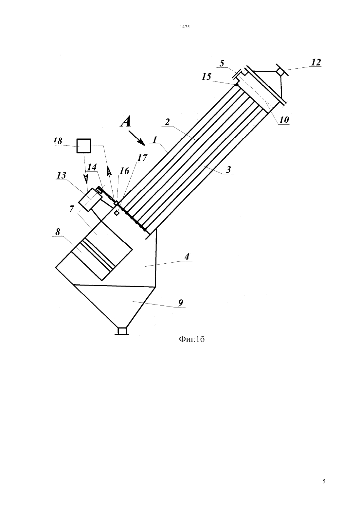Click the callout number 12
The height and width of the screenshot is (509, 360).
pyautogui.click(x=316, y=62)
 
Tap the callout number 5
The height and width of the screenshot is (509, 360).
pyautogui.click(x=222, y=63)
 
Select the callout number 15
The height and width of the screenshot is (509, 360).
pyautogui.click(x=207, y=77)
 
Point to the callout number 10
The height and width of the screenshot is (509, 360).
pyautogui.click(x=284, y=120)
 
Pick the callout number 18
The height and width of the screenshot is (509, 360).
pyautogui.click(x=58, y=141)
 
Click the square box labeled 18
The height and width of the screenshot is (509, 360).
pyautogui.click(x=84, y=146)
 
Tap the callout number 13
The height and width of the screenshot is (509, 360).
pyautogui.click(x=62, y=175)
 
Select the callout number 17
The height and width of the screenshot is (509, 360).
pyautogui.click(x=142, y=158)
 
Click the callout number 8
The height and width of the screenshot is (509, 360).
pyautogui.click(x=58, y=232)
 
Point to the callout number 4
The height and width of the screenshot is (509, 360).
pyautogui.click(x=187, y=257)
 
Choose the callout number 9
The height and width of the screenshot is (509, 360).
pyautogui.click(x=181, y=303)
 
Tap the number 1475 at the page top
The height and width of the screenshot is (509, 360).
pyautogui.click(x=185, y=27)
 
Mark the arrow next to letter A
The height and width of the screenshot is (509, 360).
pyautogui.click(x=136, y=138)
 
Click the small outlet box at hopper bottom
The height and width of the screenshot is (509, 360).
pyautogui.click(x=122, y=331)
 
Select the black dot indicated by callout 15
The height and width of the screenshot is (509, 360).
pyautogui.click(x=237, y=85)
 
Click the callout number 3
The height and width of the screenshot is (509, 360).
pyautogui.click(x=228, y=170)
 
